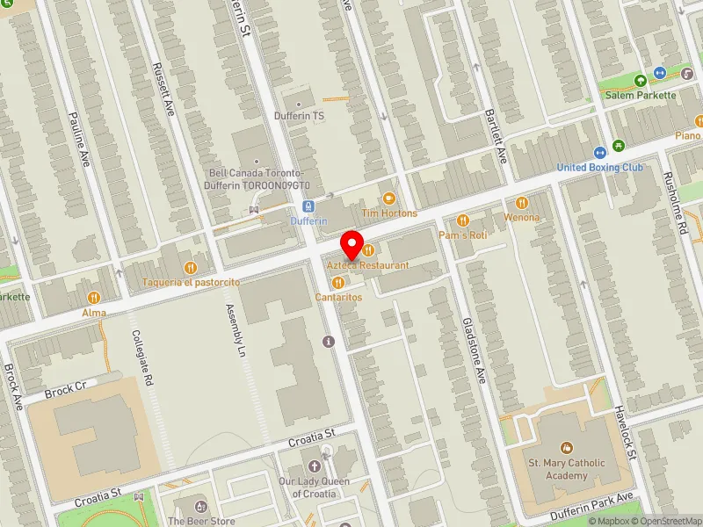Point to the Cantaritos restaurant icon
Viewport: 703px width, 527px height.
[x=338, y=282]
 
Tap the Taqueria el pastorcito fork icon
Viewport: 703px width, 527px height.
[x=191, y=268]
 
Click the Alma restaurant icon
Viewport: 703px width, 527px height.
[x=94, y=297]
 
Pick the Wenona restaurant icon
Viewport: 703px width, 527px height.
[x=521, y=202]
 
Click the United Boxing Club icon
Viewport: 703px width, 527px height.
[x=600, y=152]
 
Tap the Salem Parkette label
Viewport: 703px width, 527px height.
[x=641, y=95]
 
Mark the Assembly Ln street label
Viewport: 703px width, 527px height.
[x=235, y=329]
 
